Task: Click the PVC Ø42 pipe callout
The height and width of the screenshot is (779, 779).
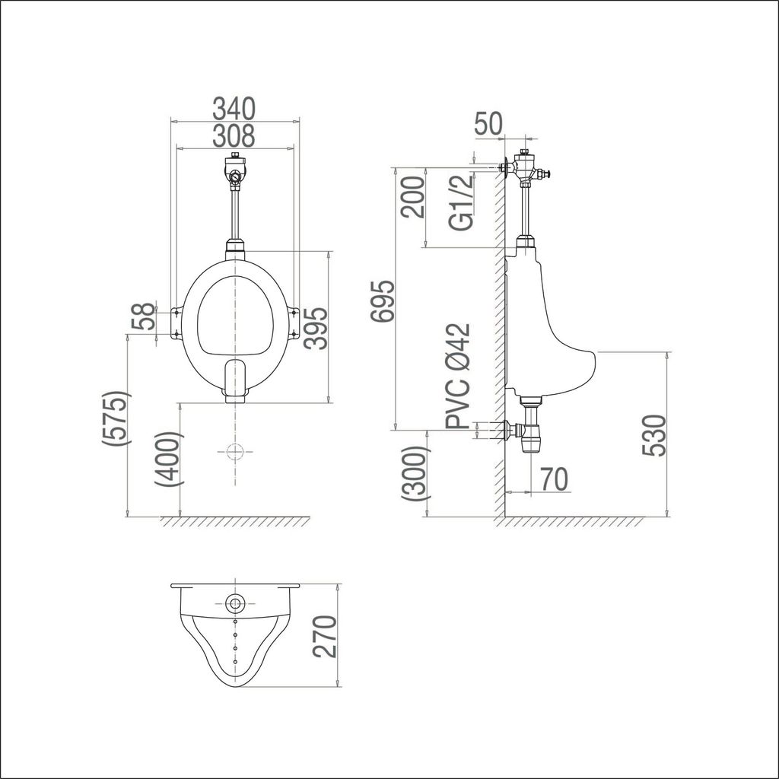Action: point(459,377)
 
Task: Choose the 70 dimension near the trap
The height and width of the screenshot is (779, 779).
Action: point(555,479)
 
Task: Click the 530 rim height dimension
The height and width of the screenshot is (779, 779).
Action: point(653,435)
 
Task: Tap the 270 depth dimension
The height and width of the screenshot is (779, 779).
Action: point(323,637)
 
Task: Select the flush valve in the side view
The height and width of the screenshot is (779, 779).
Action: point(526,169)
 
